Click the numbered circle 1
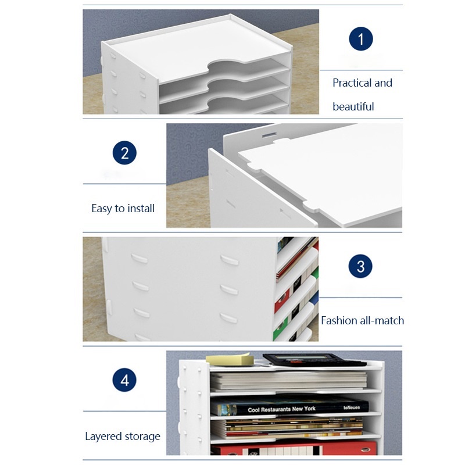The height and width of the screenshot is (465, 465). pyautogui.click(x=360, y=39)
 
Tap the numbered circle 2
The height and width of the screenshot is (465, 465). pyautogui.click(x=124, y=153)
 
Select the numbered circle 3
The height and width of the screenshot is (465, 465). pyautogui.click(x=360, y=266)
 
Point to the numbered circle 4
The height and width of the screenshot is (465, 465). pyautogui.click(x=124, y=380)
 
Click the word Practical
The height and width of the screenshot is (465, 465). pyautogui.click(x=352, y=83)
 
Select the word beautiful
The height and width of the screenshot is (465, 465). pyautogui.click(x=353, y=106)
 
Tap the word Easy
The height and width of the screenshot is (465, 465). pyautogui.click(x=101, y=209)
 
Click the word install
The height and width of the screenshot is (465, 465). pyautogui.click(x=140, y=208)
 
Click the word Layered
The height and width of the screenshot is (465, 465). pyautogui.click(x=103, y=437)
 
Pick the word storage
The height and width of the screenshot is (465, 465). pyautogui.click(x=142, y=437)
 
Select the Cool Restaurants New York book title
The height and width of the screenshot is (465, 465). pyautogui.click(x=281, y=409)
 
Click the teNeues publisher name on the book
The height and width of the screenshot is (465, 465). pyautogui.click(x=352, y=407)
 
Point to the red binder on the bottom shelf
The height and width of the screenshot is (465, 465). pyautogui.click(x=294, y=448)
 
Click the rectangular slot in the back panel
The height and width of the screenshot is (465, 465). pyautogui.click(x=269, y=135)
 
